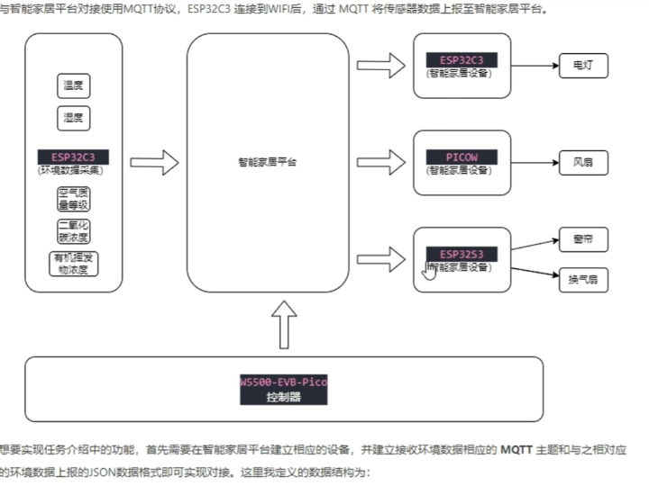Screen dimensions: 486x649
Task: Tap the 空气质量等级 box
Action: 74,198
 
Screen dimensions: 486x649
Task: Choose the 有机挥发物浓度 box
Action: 74,264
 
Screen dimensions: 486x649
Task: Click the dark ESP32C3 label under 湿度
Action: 74,157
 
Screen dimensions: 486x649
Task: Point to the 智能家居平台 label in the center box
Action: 268,163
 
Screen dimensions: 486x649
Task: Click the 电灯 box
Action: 583,67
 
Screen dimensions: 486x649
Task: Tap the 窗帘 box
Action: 583,240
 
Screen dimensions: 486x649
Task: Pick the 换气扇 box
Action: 583,280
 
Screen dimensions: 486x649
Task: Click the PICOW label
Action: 462,157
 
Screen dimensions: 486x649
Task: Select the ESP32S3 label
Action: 462,255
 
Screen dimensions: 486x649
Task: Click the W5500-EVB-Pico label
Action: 283,382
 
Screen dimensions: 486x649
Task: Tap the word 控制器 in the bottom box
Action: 283,397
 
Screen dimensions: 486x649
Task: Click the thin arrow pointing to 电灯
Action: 532,67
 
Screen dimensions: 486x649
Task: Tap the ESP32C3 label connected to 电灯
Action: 462,60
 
